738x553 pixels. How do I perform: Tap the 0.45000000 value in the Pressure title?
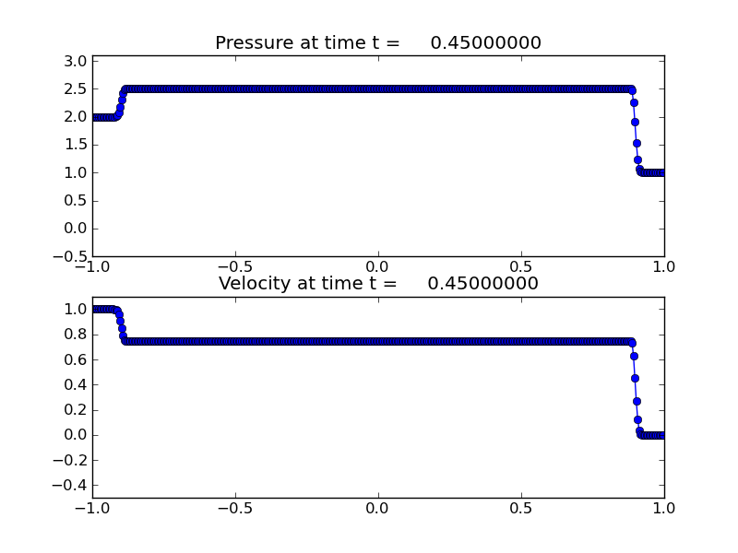(485, 43)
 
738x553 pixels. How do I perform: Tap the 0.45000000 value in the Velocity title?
(482, 284)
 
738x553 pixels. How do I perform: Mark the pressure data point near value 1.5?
(637, 143)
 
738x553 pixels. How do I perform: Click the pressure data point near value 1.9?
(635, 122)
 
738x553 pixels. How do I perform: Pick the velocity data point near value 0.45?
(635, 378)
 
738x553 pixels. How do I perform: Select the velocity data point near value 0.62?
(634, 356)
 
